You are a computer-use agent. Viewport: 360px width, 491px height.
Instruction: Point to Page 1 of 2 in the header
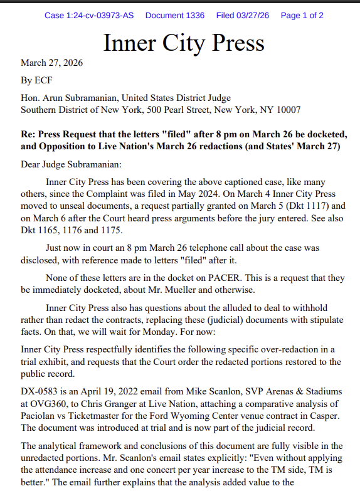302,15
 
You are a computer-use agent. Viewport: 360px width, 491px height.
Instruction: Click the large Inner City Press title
183,42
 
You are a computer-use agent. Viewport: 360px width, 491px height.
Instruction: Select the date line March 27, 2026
51,63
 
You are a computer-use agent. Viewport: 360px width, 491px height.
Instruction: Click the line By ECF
35,80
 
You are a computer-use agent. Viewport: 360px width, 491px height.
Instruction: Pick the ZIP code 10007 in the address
288,110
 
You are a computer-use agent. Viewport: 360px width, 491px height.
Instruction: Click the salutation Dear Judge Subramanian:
71,165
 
